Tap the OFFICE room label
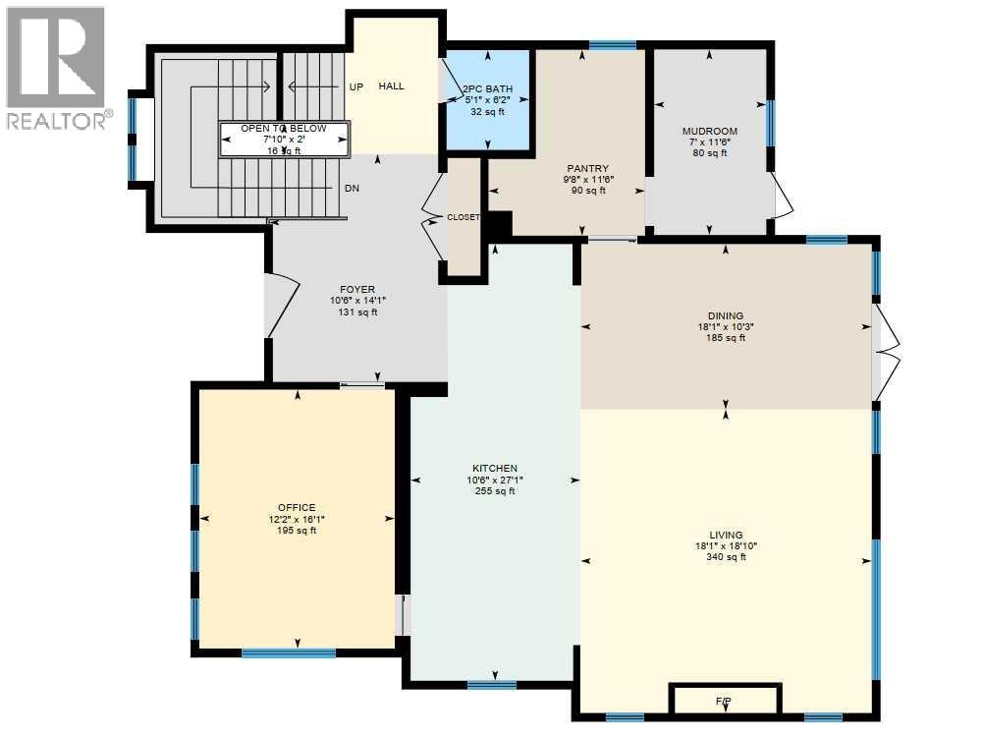[x=297, y=507]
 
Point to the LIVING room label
[x=727, y=535]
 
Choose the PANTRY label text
[x=586, y=168]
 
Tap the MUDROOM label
[x=710, y=131]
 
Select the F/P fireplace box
[x=725, y=700]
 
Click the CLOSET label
[x=464, y=217]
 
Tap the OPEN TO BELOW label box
[x=284, y=140]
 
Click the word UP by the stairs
[x=356, y=86]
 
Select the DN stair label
[x=352, y=188]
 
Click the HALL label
[x=392, y=86]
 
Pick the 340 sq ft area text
[x=727, y=557]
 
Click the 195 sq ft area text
[x=297, y=531]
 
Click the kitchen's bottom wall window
[x=491, y=684]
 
